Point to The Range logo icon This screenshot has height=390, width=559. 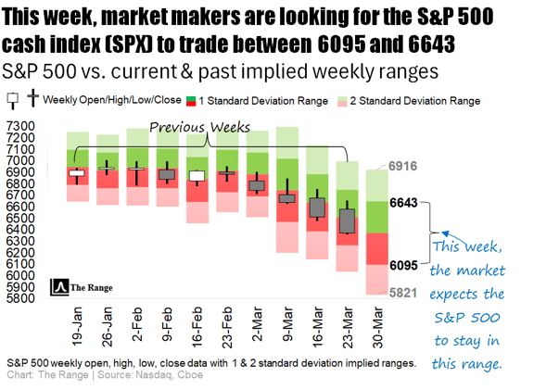61,286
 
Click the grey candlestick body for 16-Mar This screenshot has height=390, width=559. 317,207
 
